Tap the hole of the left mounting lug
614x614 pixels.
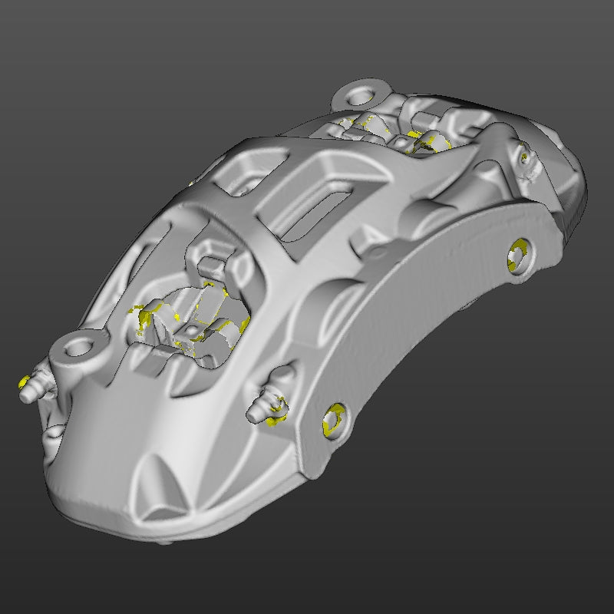78,348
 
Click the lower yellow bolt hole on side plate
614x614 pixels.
334,420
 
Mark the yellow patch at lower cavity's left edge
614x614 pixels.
141,321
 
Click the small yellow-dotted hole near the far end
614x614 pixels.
525,158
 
